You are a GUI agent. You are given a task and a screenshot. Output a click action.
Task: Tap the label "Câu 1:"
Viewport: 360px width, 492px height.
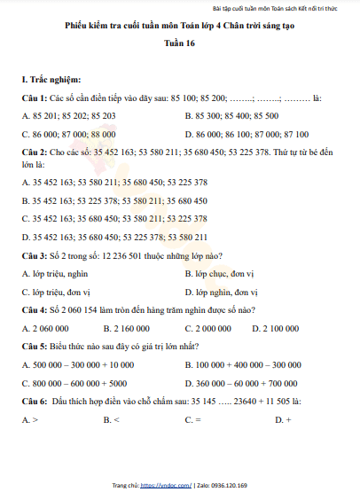35,97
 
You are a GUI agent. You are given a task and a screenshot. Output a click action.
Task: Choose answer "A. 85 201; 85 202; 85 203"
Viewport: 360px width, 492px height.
68,115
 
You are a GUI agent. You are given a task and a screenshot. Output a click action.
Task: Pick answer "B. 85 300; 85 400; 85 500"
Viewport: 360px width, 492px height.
231,115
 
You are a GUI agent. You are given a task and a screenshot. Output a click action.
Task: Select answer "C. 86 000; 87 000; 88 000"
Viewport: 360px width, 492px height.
68,134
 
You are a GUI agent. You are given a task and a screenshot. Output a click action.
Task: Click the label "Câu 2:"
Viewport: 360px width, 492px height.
35,152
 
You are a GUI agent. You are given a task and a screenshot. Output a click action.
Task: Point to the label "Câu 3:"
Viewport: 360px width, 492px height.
35,254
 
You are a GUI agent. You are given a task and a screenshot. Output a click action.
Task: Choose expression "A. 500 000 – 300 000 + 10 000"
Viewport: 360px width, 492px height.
77,364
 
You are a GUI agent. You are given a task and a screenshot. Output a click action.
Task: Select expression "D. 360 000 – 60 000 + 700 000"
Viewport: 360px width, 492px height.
241,383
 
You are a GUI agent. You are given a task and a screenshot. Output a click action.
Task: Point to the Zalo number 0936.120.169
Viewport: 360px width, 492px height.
232,485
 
